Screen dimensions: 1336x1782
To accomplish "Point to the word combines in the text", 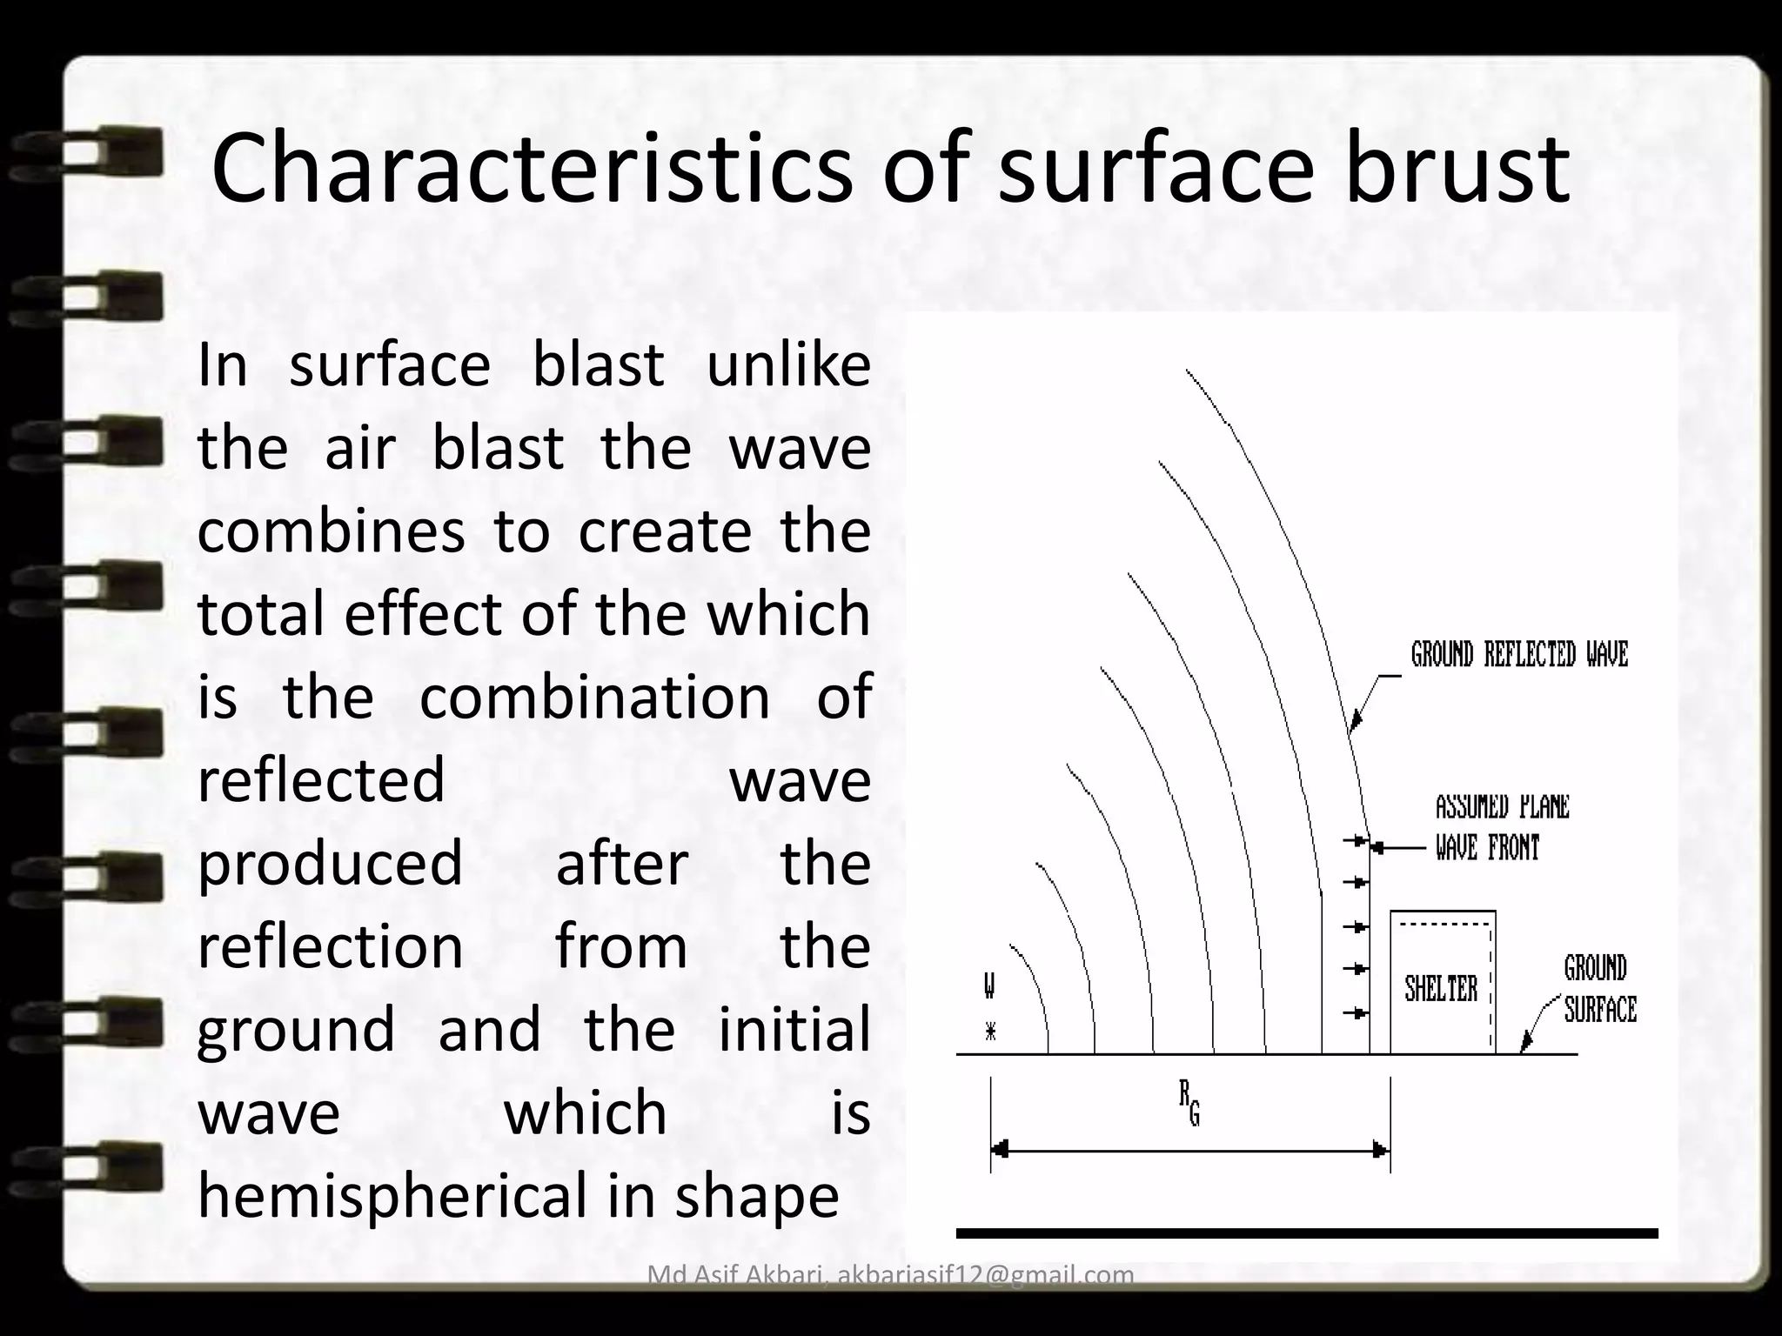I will click(x=331, y=531).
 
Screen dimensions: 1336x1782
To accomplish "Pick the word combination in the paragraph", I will click(x=595, y=698).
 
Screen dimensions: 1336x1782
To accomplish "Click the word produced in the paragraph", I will click(x=331, y=864).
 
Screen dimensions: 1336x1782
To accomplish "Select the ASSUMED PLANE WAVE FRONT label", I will click(x=1500, y=826).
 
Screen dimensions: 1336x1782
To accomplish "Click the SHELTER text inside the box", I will click(x=1441, y=989).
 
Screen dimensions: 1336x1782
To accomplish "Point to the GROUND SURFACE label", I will click(x=1599, y=989).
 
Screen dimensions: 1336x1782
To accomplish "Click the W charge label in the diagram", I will click(x=989, y=986).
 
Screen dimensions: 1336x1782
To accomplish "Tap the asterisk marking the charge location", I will click(x=990, y=1032).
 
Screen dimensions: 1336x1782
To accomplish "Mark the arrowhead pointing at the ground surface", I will click(x=1524, y=1045).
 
